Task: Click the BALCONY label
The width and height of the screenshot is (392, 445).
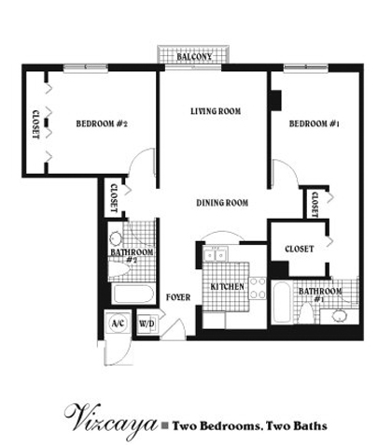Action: (194, 57)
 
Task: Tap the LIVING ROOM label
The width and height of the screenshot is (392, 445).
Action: (216, 111)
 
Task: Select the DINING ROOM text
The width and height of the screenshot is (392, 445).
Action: (222, 203)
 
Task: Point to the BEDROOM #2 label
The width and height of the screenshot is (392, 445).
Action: (102, 123)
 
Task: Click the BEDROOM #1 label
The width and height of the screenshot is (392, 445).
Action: (314, 123)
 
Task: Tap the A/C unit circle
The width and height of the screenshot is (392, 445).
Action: (118, 323)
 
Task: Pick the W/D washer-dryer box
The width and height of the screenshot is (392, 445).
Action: (147, 323)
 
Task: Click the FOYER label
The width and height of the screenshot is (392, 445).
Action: (178, 297)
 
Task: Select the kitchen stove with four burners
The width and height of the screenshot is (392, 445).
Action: (258, 288)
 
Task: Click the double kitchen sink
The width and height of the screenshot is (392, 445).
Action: (216, 254)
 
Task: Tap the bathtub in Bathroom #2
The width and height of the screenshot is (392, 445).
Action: (133, 294)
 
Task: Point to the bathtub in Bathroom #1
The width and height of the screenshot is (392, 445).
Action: (282, 303)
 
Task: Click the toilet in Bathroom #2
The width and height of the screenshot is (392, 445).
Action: (119, 269)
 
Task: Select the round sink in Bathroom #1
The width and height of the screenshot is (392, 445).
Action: (339, 316)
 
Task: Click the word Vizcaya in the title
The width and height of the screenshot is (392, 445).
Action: (111, 422)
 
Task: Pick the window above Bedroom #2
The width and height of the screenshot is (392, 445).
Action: (86, 68)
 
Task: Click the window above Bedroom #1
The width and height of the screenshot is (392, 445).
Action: (306, 67)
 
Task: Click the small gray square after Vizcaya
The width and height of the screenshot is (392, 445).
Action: (166, 425)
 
